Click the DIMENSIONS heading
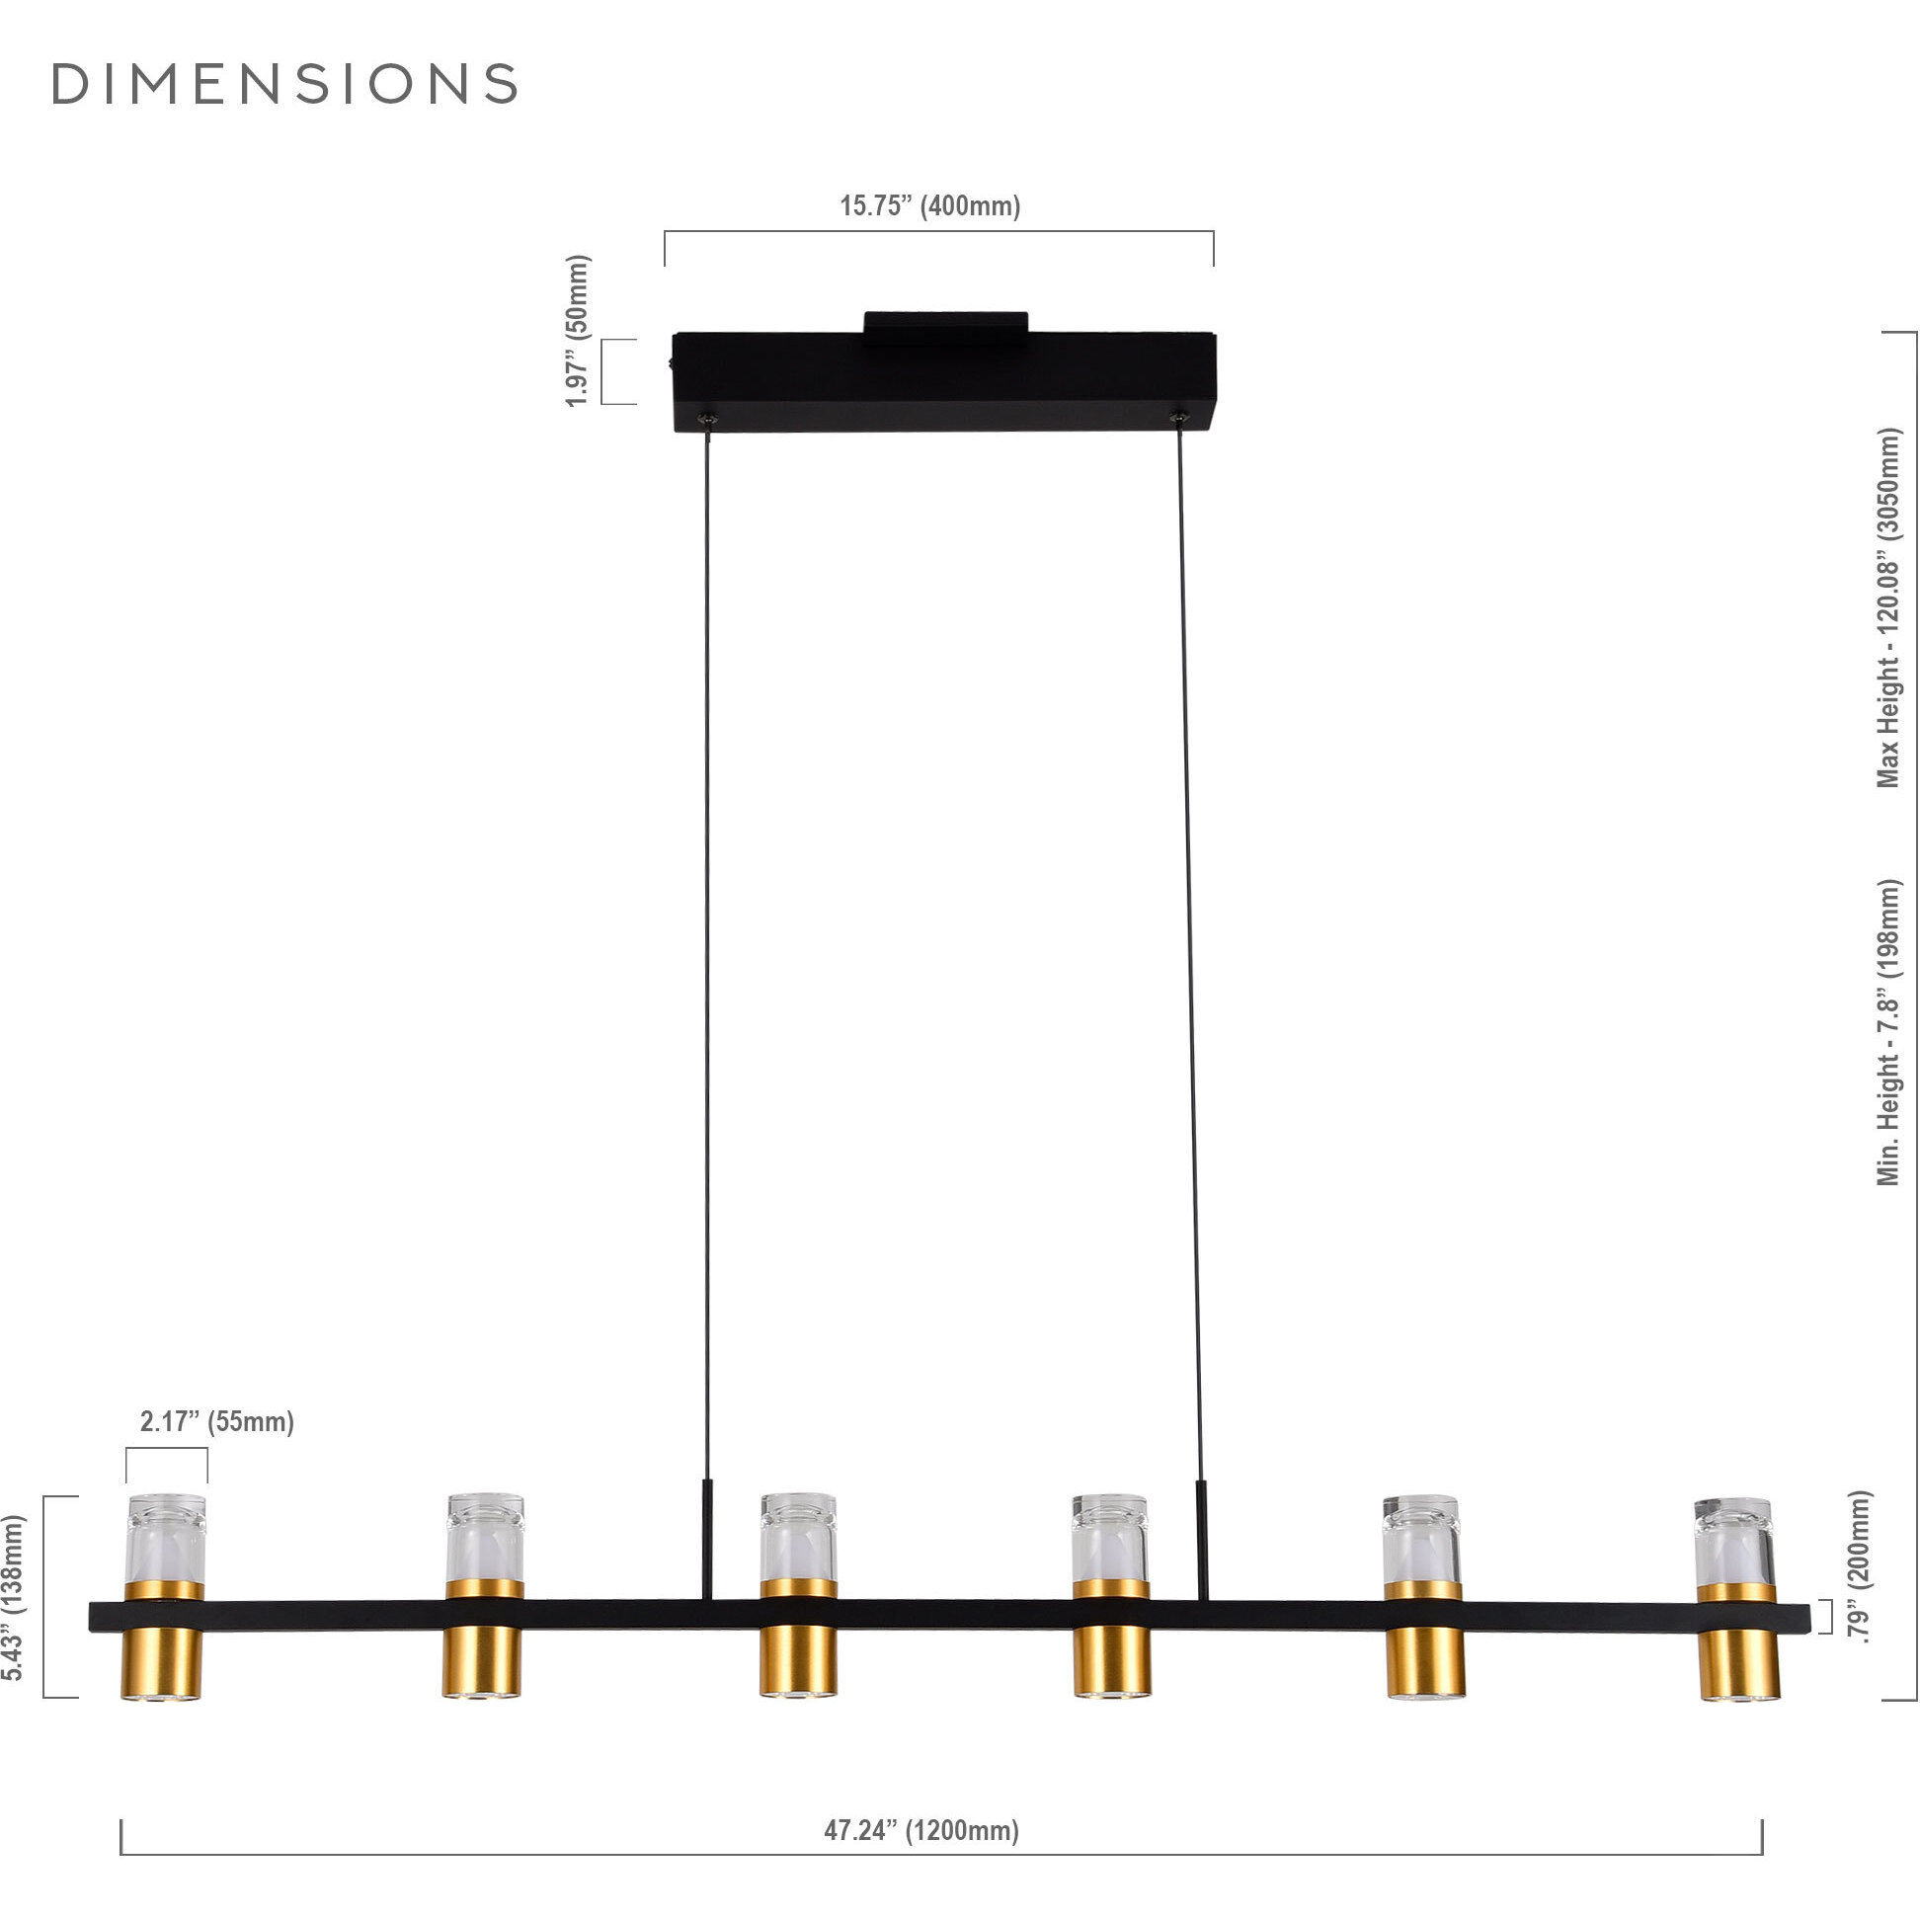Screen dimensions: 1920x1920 [x=284, y=85]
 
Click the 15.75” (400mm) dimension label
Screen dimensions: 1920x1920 [x=930, y=206]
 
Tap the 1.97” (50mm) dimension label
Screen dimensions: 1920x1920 [x=579, y=331]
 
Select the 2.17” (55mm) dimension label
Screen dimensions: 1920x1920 [x=216, y=1422]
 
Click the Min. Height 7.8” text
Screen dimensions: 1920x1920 [x=1887, y=1032]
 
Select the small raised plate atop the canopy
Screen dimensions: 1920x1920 [x=945, y=324]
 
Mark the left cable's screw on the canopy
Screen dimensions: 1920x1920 [x=706, y=418]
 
